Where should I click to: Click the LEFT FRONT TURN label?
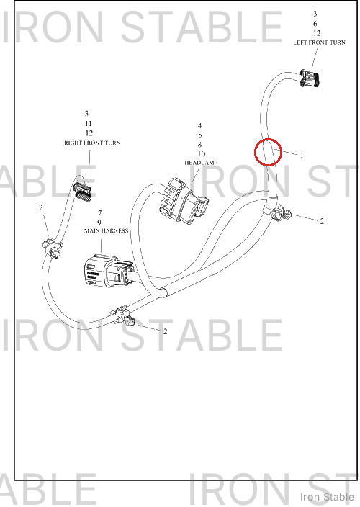pyautogui.click(x=319, y=42)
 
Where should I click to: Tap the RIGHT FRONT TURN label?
pyautogui.click(x=92, y=143)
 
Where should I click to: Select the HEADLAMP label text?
pyautogui.click(x=201, y=163)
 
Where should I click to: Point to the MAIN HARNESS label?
pyautogui.click(x=106, y=231)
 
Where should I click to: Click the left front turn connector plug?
pyautogui.click(x=310, y=78)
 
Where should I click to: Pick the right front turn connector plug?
pyautogui.click(x=84, y=190)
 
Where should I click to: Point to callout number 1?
pyautogui.click(x=302, y=156)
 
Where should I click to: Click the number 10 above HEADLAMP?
pyautogui.click(x=202, y=153)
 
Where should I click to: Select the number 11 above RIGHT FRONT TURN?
pyautogui.click(x=89, y=124)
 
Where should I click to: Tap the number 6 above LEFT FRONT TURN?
pyautogui.click(x=315, y=24)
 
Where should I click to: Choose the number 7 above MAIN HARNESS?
pyautogui.click(x=100, y=212)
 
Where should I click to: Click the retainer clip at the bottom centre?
pyautogui.click(x=124, y=317)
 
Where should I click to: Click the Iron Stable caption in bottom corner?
pyautogui.click(x=327, y=497)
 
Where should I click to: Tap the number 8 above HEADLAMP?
pyautogui.click(x=199, y=144)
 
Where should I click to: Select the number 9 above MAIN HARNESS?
pyautogui.click(x=99, y=223)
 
